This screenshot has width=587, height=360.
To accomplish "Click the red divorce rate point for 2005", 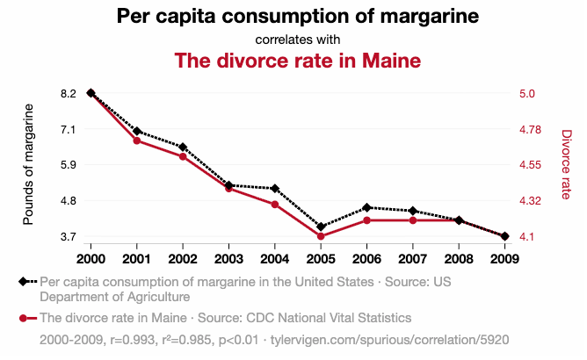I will [321, 236].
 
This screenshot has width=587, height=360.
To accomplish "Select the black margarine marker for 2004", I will [275, 189].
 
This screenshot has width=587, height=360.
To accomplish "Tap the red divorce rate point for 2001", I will [137, 140].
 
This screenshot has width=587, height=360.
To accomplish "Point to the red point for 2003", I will [228, 189].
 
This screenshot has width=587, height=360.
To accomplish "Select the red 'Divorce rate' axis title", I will [566, 164].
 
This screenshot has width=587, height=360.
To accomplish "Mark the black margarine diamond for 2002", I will [183, 148].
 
